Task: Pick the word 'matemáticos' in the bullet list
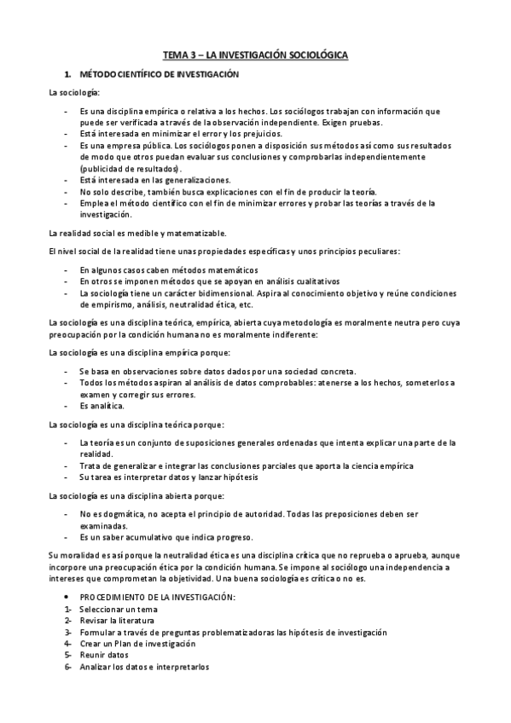click(208, 269)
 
